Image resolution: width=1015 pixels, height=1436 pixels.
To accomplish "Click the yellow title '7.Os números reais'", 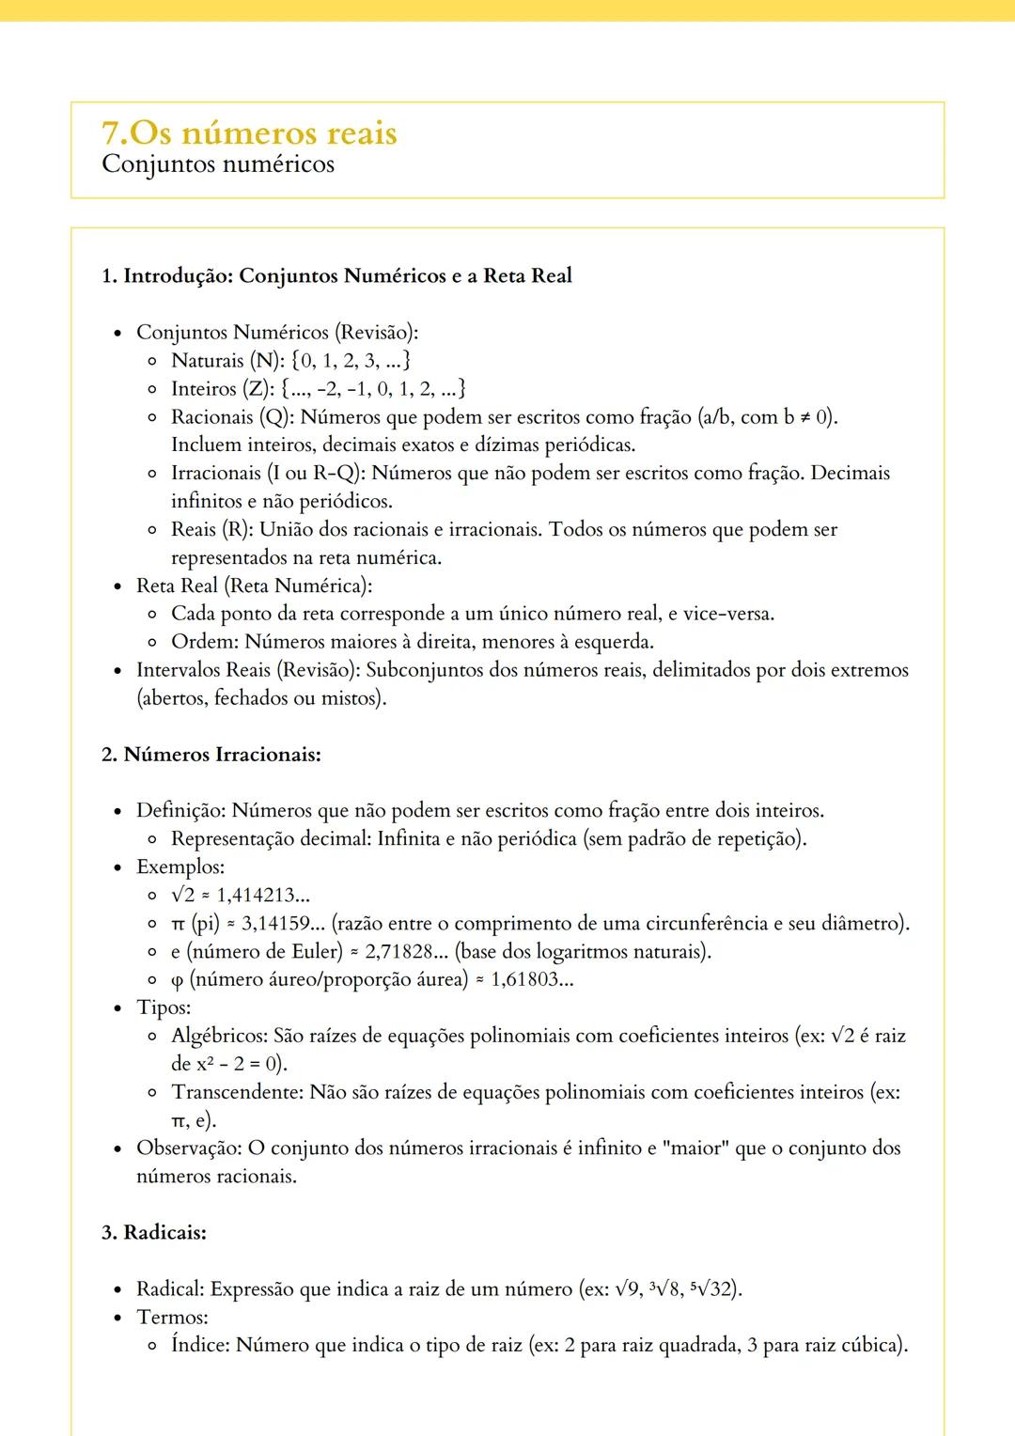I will click(x=249, y=133).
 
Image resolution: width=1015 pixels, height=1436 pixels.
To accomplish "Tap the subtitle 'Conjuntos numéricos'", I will click(x=218, y=164).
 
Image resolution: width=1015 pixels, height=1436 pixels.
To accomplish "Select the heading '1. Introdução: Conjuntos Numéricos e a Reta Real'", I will click(x=336, y=275).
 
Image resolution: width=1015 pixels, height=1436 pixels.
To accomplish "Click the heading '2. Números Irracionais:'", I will click(x=211, y=755).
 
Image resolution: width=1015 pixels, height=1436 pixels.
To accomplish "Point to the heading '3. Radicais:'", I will click(x=154, y=1232).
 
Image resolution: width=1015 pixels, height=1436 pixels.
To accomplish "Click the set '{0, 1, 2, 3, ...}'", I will click(x=351, y=360).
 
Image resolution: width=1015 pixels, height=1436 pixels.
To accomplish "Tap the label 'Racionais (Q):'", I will click(x=232, y=416).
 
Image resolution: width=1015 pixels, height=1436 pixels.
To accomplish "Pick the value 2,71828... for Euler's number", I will click(x=406, y=951).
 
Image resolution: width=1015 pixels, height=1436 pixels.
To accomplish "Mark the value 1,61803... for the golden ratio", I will click(x=532, y=979).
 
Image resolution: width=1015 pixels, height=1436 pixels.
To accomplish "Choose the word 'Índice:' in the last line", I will click(x=200, y=1345).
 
